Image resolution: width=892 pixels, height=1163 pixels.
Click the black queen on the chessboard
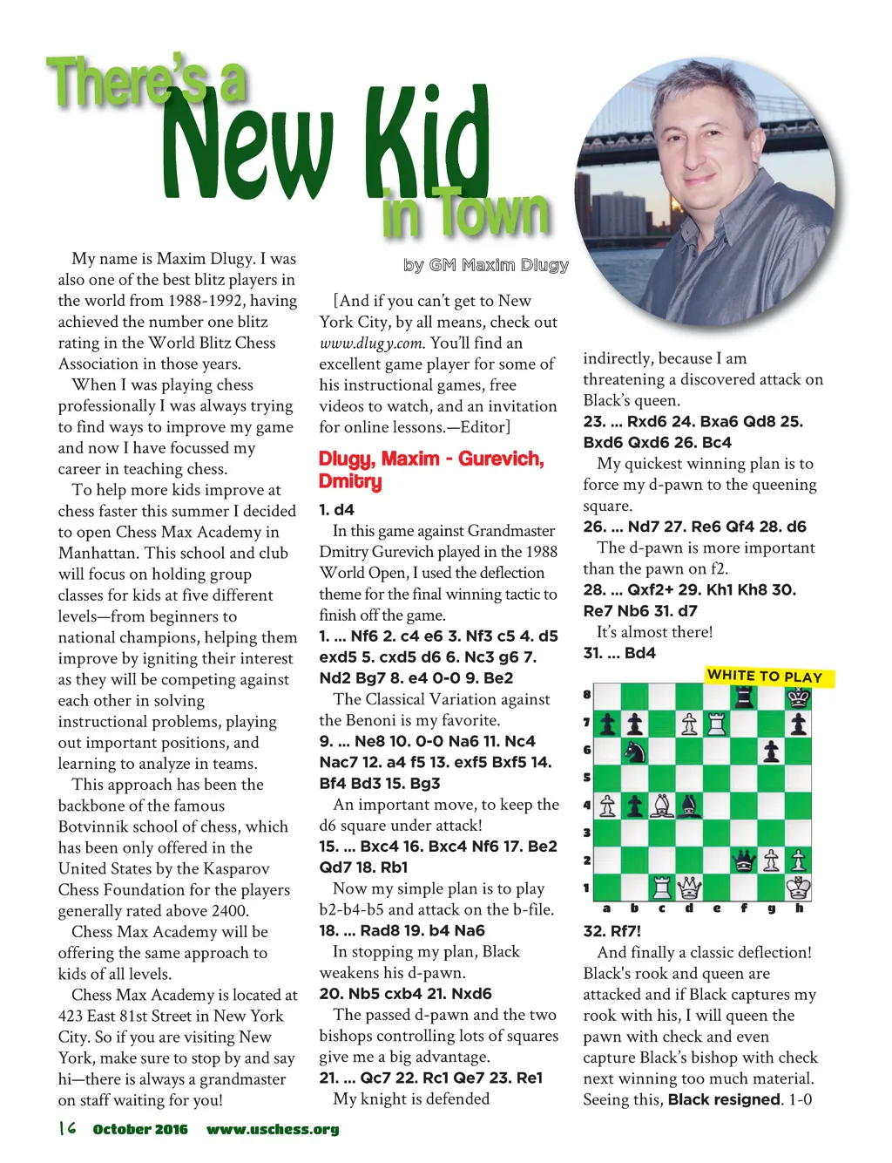(744, 861)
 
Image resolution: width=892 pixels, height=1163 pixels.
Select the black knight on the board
(635, 751)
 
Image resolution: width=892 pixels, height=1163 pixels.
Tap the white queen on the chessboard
(689, 888)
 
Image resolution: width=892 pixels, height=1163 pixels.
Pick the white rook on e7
(716, 724)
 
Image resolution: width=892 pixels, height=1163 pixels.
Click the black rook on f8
(744, 697)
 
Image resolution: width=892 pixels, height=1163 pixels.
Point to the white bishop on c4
(662, 806)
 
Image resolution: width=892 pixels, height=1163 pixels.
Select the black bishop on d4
(689, 806)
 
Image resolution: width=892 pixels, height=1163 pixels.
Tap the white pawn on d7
(689, 724)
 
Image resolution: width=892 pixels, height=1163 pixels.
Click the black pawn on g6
(771, 751)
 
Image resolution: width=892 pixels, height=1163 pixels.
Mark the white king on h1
(798, 888)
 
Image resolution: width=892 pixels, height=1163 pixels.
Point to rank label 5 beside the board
(586, 778)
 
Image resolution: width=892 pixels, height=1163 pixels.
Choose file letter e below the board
(716, 908)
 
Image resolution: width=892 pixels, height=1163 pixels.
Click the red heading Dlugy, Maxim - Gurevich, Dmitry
(431, 470)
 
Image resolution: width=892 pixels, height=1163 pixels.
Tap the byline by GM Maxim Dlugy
(486, 265)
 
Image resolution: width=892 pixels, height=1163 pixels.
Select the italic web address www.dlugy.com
(372, 343)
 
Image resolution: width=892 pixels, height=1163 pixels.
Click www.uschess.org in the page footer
(273, 1130)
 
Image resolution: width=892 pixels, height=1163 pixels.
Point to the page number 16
(67, 1129)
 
